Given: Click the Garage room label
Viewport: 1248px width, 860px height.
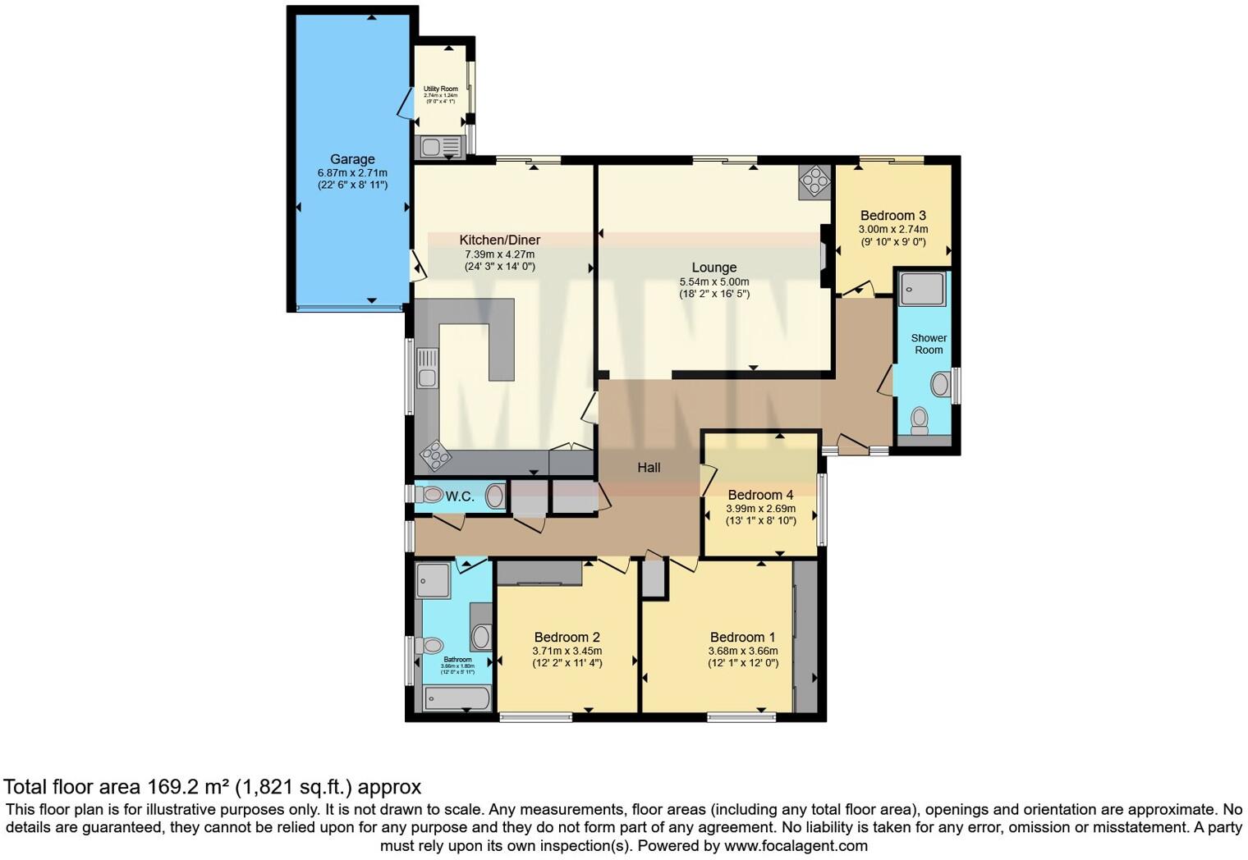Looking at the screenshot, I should pyautogui.click(x=352, y=159).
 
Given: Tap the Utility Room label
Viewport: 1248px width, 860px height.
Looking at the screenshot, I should pyautogui.click(x=441, y=89).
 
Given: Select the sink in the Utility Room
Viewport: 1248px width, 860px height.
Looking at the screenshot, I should pyautogui.click(x=432, y=148).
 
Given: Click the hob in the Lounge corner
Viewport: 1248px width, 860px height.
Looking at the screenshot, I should pyautogui.click(x=815, y=182).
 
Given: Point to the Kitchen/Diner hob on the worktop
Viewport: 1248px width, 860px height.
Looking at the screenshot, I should pyautogui.click(x=435, y=454).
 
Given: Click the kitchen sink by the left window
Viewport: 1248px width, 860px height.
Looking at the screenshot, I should pyautogui.click(x=427, y=368).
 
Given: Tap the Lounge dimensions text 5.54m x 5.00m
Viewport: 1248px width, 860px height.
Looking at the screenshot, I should pyautogui.click(x=713, y=281).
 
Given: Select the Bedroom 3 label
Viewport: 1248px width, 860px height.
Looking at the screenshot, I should pyautogui.click(x=893, y=216).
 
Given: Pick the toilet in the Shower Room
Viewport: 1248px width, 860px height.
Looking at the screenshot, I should pyautogui.click(x=920, y=420).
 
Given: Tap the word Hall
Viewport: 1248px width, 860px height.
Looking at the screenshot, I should pyautogui.click(x=649, y=468).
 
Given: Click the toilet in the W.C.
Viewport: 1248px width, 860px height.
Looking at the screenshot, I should pyautogui.click(x=429, y=495).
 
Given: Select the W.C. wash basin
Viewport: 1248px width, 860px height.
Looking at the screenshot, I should pyautogui.click(x=495, y=496).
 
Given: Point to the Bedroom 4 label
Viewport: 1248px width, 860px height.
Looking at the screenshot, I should pyautogui.click(x=760, y=495).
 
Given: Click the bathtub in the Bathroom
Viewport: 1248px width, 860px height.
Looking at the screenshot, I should pyautogui.click(x=457, y=699).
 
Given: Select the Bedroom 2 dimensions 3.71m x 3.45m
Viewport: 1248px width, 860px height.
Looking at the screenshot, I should pyautogui.click(x=567, y=651).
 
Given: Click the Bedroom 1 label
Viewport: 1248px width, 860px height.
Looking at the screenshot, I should pyautogui.click(x=742, y=638).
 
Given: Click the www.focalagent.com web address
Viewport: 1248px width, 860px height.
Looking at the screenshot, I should pyautogui.click(x=796, y=845).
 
